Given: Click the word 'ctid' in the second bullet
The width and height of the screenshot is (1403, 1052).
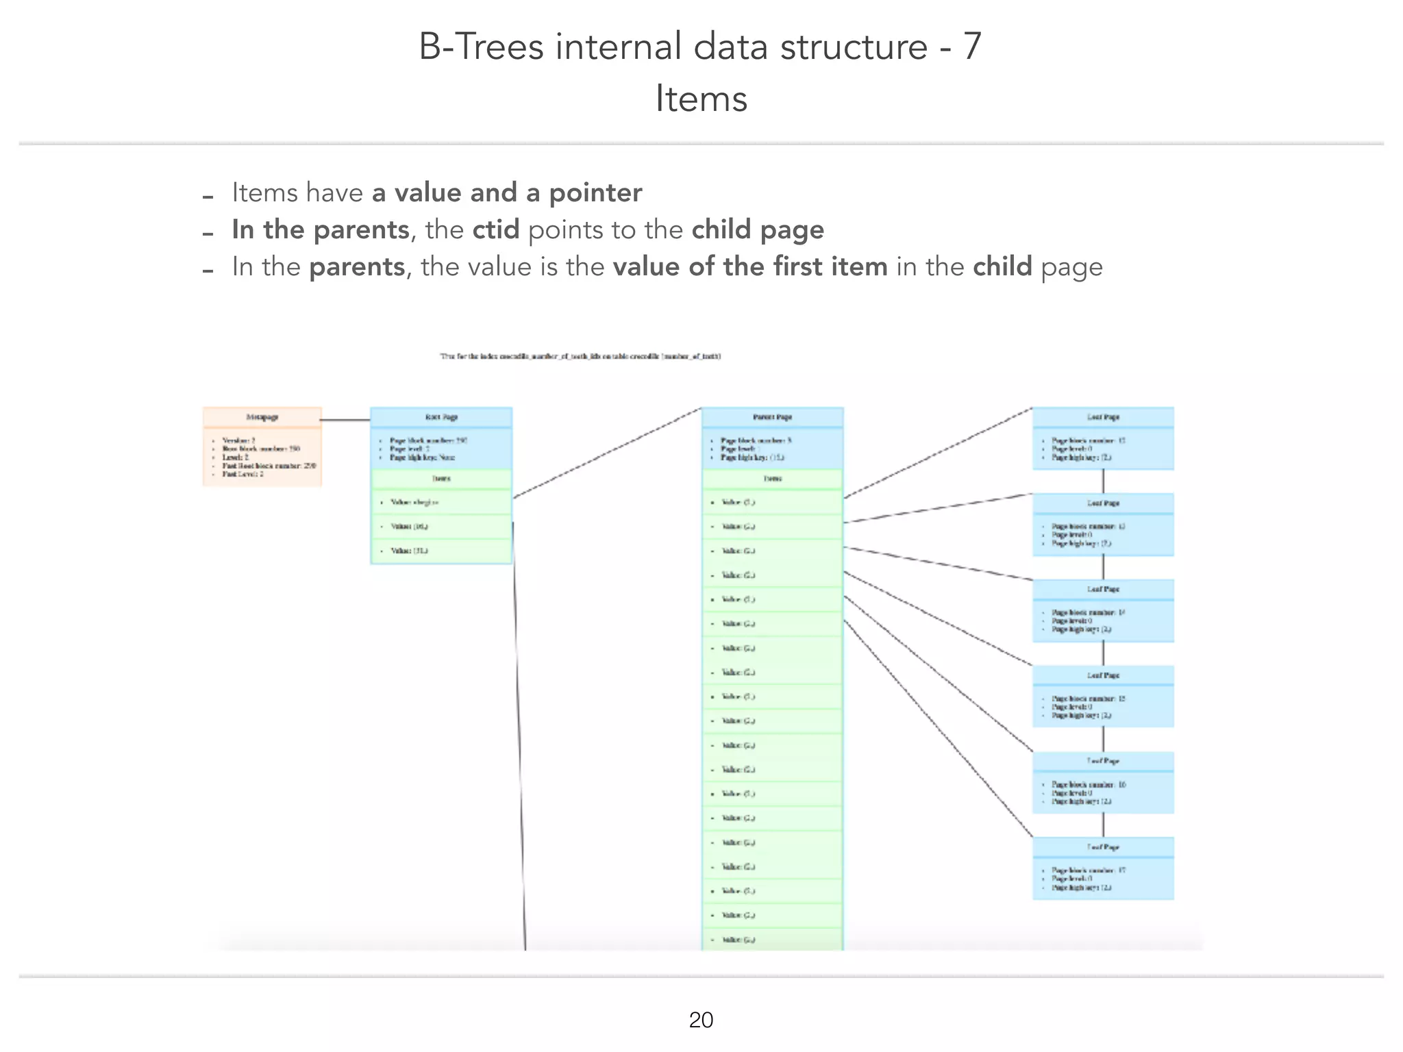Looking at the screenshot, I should [x=495, y=229].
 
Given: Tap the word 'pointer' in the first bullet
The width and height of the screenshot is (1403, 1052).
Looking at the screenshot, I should [x=595, y=192].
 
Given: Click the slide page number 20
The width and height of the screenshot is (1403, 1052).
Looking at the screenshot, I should [x=701, y=1020].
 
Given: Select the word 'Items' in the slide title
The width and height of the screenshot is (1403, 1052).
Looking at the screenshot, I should [x=701, y=99].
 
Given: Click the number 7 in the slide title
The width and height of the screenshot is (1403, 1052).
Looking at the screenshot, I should [x=972, y=47].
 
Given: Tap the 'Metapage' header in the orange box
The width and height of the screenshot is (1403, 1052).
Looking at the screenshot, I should [x=262, y=417].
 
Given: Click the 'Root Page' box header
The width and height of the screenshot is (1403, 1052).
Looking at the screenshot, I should [x=441, y=417].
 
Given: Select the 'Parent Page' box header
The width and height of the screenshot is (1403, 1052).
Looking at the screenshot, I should [x=772, y=417].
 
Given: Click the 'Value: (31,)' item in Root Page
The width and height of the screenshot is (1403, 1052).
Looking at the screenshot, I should [x=409, y=551].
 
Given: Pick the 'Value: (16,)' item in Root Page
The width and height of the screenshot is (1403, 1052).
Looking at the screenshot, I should [x=409, y=527].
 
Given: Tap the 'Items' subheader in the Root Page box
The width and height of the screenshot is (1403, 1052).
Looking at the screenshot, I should [x=441, y=479].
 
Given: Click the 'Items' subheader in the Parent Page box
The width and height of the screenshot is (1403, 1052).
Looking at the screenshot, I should [x=772, y=479].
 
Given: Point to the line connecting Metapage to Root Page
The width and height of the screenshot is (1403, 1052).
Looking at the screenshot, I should [x=345, y=420].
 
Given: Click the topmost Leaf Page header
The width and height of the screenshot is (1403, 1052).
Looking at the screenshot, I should [x=1103, y=417].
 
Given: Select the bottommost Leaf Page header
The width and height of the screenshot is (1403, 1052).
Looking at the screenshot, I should [x=1103, y=847].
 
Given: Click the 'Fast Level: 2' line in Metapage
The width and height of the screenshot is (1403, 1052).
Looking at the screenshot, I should [x=243, y=474].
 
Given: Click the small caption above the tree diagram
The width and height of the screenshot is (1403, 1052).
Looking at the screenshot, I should [x=580, y=356].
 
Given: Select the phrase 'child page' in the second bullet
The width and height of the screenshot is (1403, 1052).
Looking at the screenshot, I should [x=758, y=229].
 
